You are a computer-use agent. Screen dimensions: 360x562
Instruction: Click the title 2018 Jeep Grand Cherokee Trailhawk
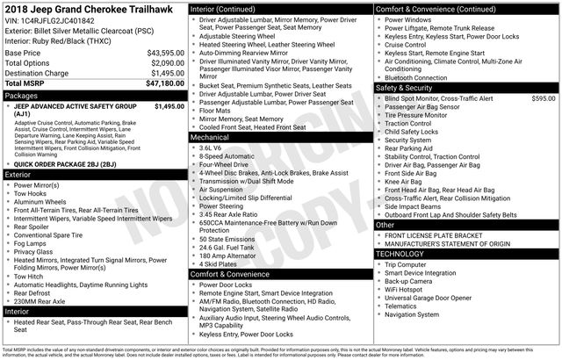pyautogui.click(x=92, y=9)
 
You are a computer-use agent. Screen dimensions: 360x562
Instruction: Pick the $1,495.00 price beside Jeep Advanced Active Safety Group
pyautogui.click(x=169, y=106)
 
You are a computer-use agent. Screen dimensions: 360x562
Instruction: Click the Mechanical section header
pyautogui.click(x=210, y=138)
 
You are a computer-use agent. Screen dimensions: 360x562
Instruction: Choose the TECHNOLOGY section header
pyautogui.click(x=400, y=254)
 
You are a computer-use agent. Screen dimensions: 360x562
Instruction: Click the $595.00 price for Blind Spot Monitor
pyautogui.click(x=544, y=99)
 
